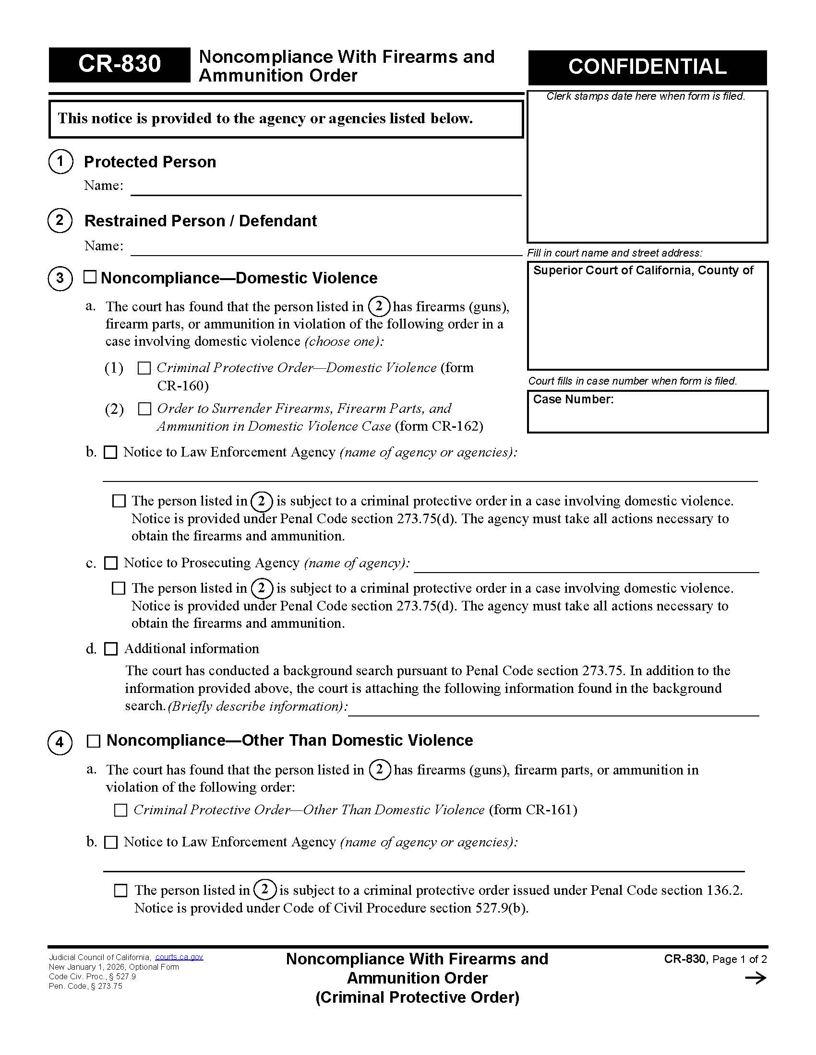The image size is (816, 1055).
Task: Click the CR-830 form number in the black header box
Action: click(119, 64)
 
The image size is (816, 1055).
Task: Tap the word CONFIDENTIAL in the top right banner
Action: click(647, 67)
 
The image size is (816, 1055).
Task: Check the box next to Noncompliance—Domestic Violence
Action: click(90, 277)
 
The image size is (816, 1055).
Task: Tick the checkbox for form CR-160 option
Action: click(144, 369)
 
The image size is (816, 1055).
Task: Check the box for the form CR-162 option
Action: click(144, 409)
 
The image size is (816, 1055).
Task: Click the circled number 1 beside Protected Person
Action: click(60, 161)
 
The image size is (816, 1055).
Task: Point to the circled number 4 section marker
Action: click(60, 742)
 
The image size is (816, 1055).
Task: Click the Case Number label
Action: click(573, 399)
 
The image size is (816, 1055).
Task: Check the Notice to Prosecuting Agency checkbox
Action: click(111, 563)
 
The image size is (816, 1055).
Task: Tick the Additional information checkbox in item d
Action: click(111, 649)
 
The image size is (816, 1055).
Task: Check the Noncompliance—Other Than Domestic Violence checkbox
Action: click(93, 741)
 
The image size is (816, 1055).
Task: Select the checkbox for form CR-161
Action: click(120, 810)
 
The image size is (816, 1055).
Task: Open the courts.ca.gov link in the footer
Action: click(179, 957)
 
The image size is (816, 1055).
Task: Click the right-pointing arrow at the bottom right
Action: click(756, 978)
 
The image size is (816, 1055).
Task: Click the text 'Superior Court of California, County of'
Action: click(643, 270)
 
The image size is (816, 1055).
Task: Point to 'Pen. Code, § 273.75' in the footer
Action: click(85, 986)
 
